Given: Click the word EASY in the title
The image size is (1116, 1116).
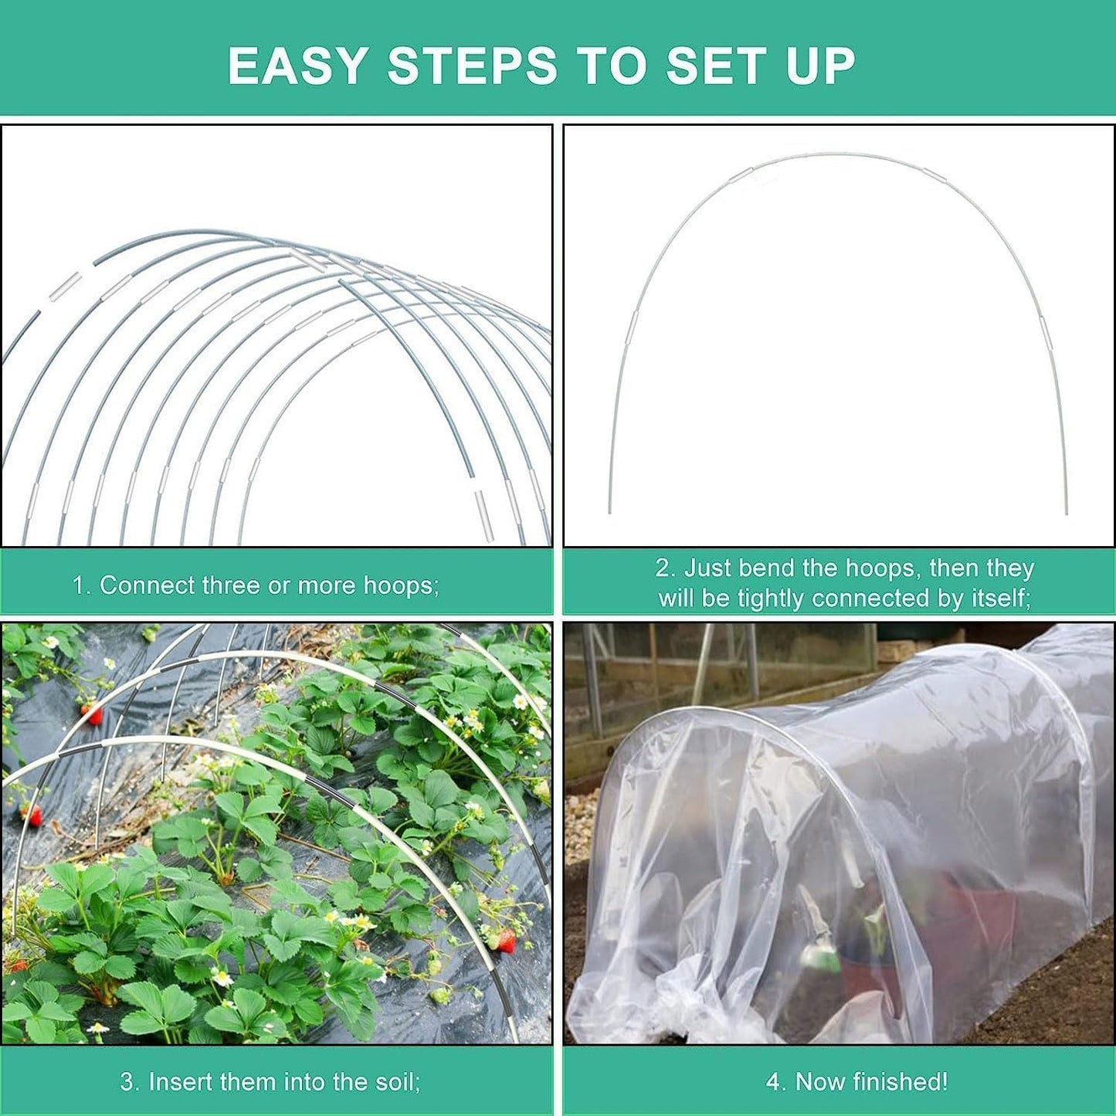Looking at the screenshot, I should [297, 66].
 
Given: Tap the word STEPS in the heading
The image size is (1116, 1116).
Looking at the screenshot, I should [472, 66].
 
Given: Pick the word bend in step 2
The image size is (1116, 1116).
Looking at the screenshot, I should [768, 568].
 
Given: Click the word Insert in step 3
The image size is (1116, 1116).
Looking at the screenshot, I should [178, 1081].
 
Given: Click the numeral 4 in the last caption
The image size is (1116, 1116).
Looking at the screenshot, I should [772, 1081].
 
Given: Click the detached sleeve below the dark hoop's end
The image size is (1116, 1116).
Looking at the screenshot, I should [483, 515].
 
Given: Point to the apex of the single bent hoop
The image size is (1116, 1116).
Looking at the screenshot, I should [838, 154].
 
